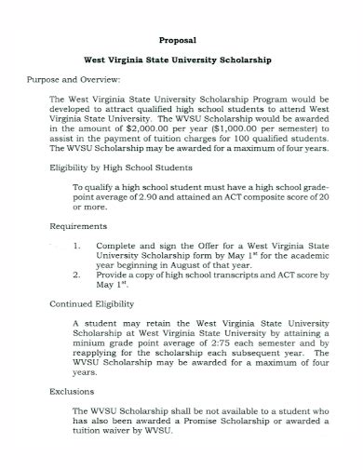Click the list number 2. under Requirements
tap(75, 276)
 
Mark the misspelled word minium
tap(89, 343)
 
